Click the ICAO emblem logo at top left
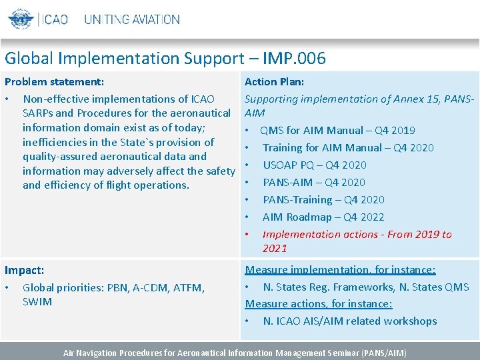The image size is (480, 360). [x=20, y=19]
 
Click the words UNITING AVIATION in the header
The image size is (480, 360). [x=132, y=19]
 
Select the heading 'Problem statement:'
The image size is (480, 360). [x=54, y=82]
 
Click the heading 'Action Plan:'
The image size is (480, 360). [x=274, y=82]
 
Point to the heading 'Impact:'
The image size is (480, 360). [x=25, y=271]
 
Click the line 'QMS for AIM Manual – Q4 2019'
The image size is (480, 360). [x=337, y=131]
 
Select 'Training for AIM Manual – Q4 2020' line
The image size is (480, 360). [x=348, y=148]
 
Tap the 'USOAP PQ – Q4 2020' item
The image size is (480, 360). [x=314, y=165]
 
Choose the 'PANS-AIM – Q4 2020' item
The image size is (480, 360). [x=313, y=183]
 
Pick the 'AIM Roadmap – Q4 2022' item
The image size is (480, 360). [x=323, y=217]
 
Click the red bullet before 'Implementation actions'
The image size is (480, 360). [x=247, y=235]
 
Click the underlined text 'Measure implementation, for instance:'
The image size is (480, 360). [x=340, y=270]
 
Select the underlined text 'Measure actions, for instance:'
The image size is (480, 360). [x=319, y=304]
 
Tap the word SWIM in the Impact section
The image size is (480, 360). [x=37, y=302]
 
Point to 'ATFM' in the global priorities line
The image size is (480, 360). [x=191, y=288]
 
